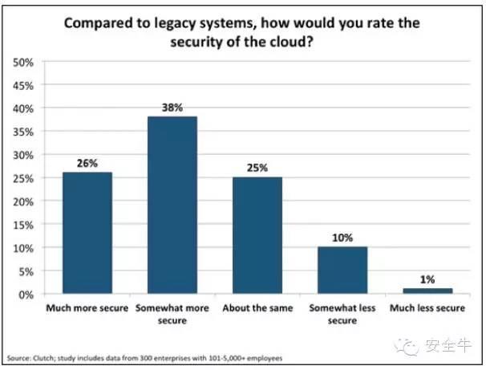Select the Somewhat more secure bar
click(x=172, y=205)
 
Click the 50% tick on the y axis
click(x=23, y=62)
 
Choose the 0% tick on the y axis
click(x=26, y=295)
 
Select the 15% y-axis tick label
click(x=23, y=225)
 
